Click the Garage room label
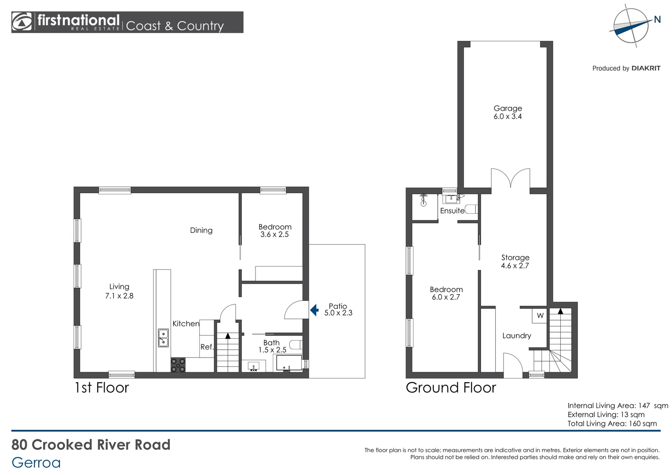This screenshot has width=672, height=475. coord(508,108)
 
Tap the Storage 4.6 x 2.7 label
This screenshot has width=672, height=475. coord(515,261)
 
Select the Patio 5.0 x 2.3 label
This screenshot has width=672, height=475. coord(338,310)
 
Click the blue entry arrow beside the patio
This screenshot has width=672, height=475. coord(314,310)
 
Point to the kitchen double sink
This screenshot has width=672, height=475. coord(163,338)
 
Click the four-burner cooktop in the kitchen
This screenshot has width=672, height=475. coord(178,365)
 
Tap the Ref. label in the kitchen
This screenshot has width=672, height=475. coord(207,347)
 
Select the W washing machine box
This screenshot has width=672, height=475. coord(540,316)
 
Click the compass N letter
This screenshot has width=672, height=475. coord(657,19)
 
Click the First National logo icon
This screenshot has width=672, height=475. coord(22,22)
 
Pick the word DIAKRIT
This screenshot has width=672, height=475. coord(646,68)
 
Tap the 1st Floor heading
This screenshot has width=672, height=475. coord(102,388)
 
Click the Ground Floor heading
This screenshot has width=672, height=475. coord(451,388)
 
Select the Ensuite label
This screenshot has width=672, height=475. coord(452,211)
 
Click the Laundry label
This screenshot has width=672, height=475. coord(517,336)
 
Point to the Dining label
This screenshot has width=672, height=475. coord(201,230)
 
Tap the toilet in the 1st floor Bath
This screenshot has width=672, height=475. coord(296,344)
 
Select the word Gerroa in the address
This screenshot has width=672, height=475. coord(36,463)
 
